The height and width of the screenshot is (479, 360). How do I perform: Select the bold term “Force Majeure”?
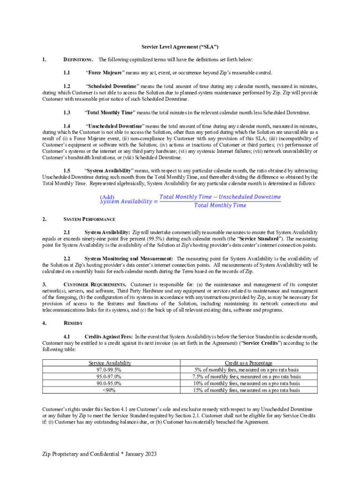click(x=105, y=73)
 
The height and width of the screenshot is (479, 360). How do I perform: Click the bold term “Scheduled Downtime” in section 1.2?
click(x=112, y=87)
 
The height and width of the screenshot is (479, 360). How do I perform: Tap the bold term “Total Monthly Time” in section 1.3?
click(x=110, y=113)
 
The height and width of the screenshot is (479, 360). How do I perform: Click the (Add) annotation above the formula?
click(x=107, y=197)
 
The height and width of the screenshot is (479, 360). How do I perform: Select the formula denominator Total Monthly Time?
click(x=220, y=205)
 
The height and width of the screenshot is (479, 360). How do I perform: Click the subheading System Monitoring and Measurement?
click(x=129, y=259)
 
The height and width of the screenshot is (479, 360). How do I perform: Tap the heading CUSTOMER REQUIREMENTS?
click(x=95, y=284)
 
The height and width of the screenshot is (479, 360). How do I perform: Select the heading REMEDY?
click(x=73, y=323)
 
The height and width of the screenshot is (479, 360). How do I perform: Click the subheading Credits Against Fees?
click(x=108, y=336)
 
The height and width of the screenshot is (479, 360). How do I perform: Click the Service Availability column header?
click(x=110, y=363)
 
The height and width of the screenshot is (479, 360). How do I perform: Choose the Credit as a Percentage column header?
click(x=248, y=363)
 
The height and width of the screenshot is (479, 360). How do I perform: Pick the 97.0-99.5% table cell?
click(x=110, y=370)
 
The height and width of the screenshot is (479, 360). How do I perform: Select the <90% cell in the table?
click(x=110, y=390)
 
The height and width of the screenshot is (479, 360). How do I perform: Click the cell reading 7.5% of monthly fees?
click(x=248, y=376)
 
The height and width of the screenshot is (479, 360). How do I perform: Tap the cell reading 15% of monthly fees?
click(x=248, y=390)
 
